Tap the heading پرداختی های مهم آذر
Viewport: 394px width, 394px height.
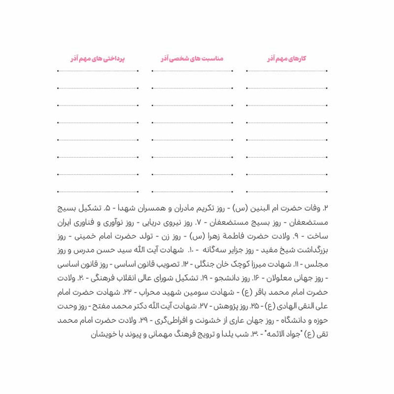pos(98,59)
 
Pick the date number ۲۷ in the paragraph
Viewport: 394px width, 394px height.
pos(206,306)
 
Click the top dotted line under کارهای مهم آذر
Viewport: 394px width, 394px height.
pos(287,71)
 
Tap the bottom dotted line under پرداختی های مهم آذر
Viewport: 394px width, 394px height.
pos(98,191)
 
